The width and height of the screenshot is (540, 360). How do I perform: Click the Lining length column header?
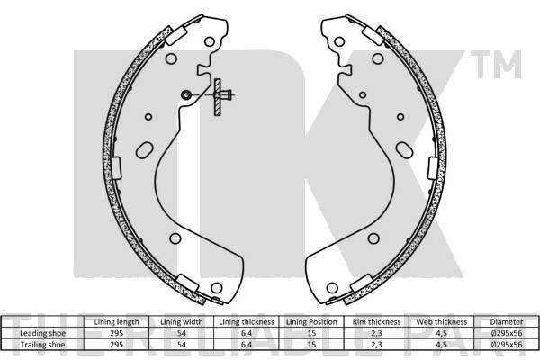[x=117, y=321]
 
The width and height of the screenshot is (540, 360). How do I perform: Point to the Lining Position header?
[x=310, y=321]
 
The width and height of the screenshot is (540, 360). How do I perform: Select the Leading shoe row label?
[x=43, y=332]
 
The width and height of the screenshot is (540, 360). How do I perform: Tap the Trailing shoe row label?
[x=43, y=343]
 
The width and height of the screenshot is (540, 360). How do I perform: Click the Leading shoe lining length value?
[x=117, y=332]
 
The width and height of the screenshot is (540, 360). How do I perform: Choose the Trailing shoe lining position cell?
[x=310, y=343]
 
